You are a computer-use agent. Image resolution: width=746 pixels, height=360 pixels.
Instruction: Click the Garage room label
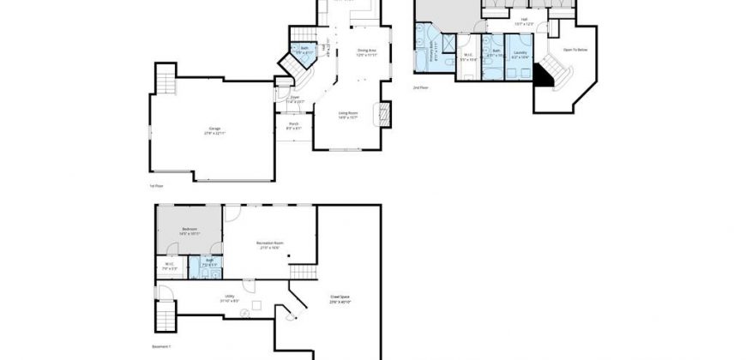(x=214, y=131)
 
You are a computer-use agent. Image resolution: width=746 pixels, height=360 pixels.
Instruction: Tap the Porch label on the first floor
(x=293, y=125)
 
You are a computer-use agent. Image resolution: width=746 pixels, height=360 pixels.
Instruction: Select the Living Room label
(x=347, y=115)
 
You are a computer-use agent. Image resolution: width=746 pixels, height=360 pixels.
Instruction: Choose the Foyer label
(x=294, y=99)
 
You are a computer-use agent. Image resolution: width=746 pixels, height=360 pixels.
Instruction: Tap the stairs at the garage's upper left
(x=164, y=82)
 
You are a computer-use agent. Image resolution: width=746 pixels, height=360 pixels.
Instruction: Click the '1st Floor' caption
(x=155, y=185)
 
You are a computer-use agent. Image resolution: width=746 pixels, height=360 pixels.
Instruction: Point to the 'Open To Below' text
(x=575, y=51)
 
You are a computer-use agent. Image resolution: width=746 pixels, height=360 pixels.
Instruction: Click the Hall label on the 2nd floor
(x=524, y=20)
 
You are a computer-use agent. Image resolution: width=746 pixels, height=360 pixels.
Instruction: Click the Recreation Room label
(x=269, y=245)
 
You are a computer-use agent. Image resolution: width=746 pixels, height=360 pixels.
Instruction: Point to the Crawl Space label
(x=340, y=299)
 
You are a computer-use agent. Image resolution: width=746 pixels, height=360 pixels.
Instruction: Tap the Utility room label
(x=206, y=298)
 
